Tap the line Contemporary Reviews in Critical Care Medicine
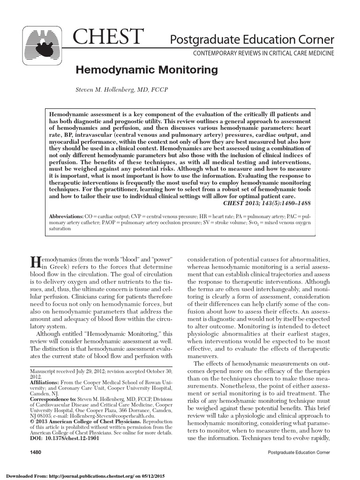[264, 53]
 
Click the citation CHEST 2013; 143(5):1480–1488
[266, 203]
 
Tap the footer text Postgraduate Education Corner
[298, 452]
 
